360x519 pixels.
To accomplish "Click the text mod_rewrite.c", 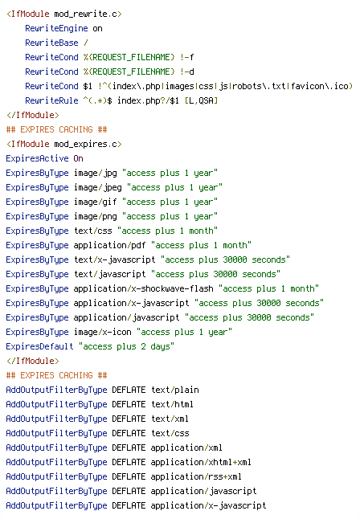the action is pos(85,14).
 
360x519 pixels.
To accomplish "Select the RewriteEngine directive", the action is pos(56,28).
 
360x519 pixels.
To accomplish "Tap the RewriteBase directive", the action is pos(51,43).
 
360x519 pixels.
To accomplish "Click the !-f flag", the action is pos(187,57).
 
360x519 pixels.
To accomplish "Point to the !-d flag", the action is pos(187,72).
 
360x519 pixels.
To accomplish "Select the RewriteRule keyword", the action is pos(51,100).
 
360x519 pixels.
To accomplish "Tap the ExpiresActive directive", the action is pos(37,158).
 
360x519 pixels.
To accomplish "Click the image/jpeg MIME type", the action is pos(98,188).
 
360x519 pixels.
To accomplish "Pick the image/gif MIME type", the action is pos(96,202).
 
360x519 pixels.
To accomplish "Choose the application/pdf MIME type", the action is pos(109,245).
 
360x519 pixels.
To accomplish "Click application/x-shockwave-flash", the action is pos(143,288).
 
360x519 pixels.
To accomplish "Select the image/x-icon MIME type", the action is pos(103,332).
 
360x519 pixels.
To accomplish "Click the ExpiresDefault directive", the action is pos(39,346).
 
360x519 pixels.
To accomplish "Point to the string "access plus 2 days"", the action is pos(126,346).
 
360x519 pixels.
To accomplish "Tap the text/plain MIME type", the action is pos(175,390).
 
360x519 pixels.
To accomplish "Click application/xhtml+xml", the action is pos(201,462).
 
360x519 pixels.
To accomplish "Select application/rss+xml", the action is pos(196,476).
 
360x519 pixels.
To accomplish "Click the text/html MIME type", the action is pos(173,404).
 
